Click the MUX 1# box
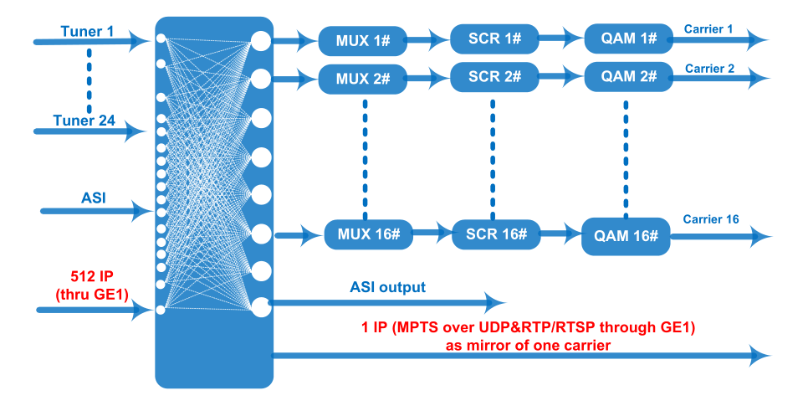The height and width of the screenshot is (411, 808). coord(363,41)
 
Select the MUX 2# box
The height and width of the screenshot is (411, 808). coord(363,79)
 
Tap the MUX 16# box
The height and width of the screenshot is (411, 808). coord(368,234)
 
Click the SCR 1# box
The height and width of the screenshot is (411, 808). coord(494,39)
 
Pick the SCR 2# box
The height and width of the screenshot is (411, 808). coord(494,77)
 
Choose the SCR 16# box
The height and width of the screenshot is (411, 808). coord(496,234)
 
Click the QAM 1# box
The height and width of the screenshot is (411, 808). coord(629,39)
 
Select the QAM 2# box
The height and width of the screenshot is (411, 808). coord(629,77)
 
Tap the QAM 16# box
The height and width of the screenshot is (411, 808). coord(626,236)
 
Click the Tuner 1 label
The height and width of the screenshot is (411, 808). coord(87,32)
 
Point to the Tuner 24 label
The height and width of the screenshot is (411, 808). coord(84,121)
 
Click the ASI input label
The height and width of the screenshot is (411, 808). coord(94,198)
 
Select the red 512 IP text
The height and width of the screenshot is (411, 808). coord(92,276)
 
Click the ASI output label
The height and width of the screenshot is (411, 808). coord(387,287)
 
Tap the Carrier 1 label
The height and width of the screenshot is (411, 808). coord(708,28)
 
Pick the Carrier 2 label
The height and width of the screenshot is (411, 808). coord(709,69)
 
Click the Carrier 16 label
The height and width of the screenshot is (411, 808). coord(711,219)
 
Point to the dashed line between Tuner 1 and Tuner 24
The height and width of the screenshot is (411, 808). coord(89,80)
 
